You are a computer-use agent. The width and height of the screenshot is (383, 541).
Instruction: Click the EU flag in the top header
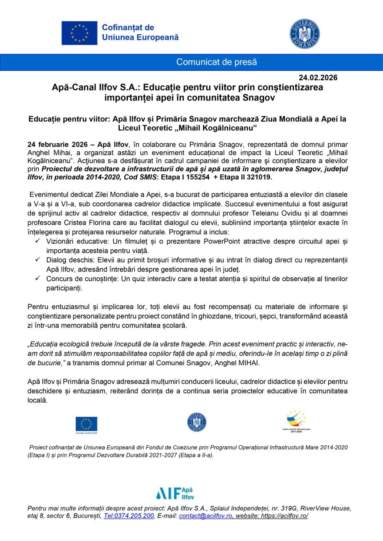tap(79, 32)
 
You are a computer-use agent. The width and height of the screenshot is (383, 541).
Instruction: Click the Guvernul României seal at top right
tap(305, 33)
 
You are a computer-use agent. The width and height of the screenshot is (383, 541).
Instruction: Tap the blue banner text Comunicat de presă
tap(216, 62)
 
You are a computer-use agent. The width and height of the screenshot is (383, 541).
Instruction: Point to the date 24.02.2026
tap(318, 77)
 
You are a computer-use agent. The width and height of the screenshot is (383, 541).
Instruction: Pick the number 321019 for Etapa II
tap(255, 177)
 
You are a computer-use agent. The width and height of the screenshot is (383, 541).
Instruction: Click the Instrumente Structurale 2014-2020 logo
tap(296, 421)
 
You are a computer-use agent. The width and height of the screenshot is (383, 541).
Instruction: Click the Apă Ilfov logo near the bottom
tap(175, 493)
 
